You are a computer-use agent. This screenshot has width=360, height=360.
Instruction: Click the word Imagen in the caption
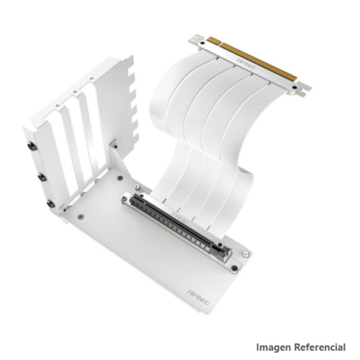(x=274, y=347)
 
